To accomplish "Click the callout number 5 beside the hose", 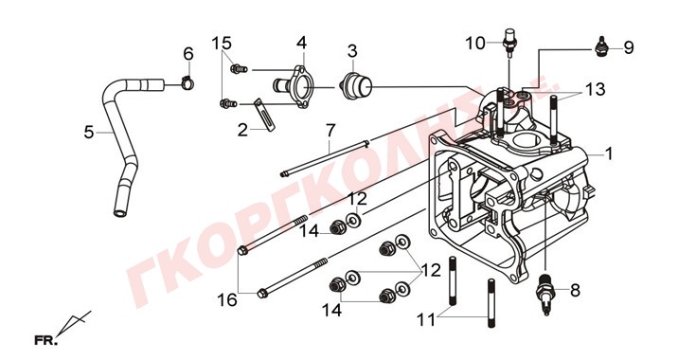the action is (89, 132).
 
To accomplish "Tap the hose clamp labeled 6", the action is (187, 81).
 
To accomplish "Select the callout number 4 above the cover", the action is (301, 43).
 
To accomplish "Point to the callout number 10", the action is (475, 44).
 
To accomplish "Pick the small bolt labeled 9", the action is (599, 47).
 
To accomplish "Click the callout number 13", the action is (595, 89).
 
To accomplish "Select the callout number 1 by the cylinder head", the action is (609, 153).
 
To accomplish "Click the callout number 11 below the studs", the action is (426, 320).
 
